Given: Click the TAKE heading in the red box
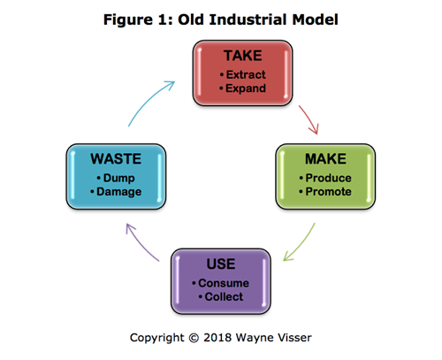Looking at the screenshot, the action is (243, 56).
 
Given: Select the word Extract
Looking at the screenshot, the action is (246, 74).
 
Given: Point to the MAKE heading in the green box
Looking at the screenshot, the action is (325, 159).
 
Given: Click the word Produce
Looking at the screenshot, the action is (328, 178).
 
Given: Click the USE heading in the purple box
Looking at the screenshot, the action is (221, 264).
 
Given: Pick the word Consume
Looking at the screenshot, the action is (224, 283).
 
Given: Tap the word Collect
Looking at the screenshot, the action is (224, 296).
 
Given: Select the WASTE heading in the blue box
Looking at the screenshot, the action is (116, 159).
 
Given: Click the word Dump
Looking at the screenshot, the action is (119, 178).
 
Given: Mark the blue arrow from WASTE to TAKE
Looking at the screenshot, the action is (149, 100).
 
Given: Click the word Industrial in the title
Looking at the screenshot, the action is (248, 19).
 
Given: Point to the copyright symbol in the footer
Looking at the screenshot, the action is (194, 338).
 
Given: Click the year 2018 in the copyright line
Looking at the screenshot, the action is (217, 338).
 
